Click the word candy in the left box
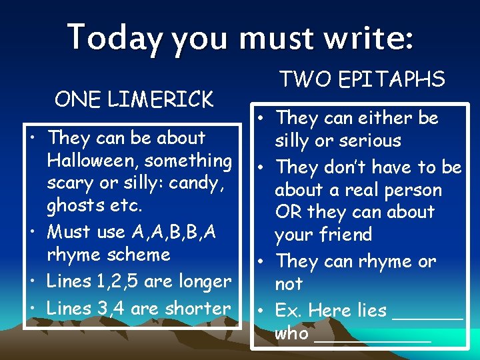point(197,183)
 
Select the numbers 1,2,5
point(118,282)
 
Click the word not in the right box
point(288,284)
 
